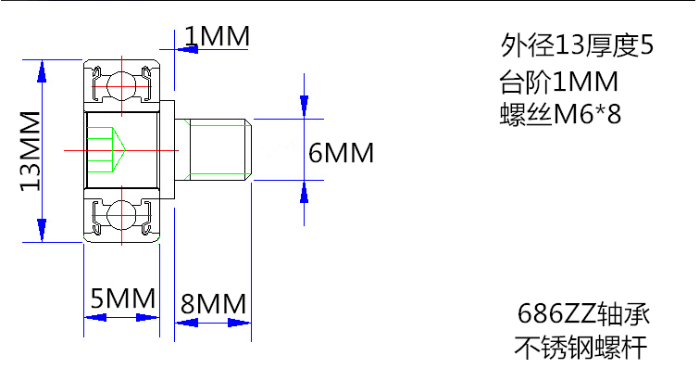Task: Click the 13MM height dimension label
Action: (31, 151)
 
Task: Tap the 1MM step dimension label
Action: (217, 36)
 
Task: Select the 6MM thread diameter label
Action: (341, 153)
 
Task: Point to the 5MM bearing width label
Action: (122, 298)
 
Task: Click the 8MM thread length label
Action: (213, 304)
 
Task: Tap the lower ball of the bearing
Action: (121, 216)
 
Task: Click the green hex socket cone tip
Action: (126, 150)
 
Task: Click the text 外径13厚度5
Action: (577, 45)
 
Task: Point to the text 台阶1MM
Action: (558, 82)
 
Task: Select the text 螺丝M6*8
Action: (560, 114)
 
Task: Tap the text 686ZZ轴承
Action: (583, 313)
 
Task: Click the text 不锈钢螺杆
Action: (580, 348)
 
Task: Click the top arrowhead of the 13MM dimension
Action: (42, 71)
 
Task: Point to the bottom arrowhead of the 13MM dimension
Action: (42, 230)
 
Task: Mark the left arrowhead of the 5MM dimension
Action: (95, 318)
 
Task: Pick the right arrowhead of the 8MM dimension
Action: (240, 323)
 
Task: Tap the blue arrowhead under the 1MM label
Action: (187, 49)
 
